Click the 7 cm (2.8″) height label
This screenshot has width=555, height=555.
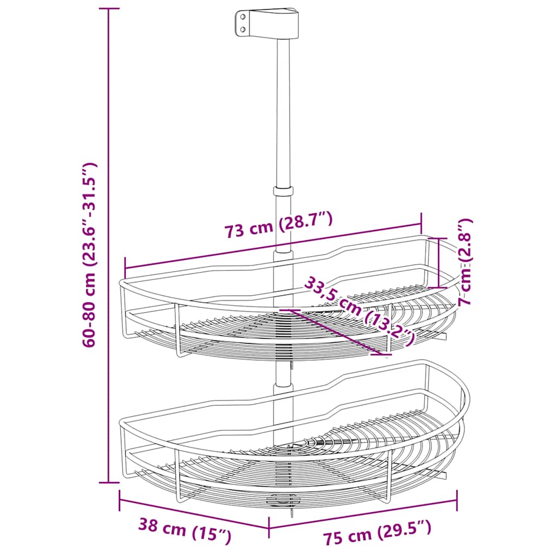[465, 262]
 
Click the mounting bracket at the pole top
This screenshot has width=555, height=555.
[268, 24]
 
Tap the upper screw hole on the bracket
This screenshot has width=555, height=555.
[242, 17]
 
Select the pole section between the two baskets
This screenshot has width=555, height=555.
[281, 374]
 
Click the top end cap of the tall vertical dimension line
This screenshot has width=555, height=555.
[109, 9]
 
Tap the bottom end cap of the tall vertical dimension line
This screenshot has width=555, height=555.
[109, 482]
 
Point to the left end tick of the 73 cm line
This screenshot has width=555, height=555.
[125, 267]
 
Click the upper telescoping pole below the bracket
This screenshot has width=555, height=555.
[282, 108]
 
